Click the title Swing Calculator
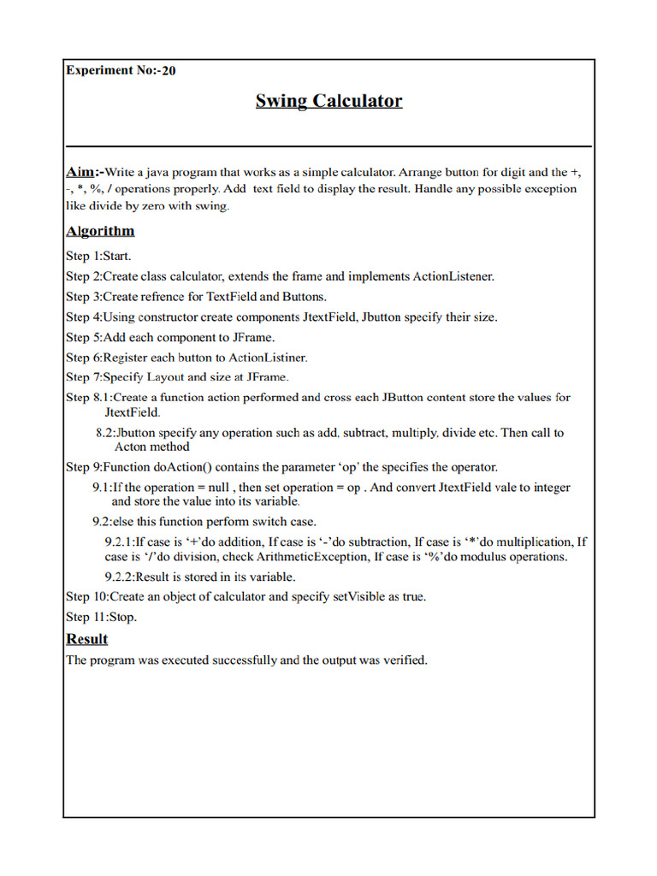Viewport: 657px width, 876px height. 328,101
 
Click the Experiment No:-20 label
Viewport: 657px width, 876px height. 121,70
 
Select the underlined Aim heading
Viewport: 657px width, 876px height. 81,171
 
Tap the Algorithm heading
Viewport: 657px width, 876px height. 100,231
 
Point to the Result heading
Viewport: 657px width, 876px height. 87,639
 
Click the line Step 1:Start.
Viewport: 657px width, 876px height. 98,255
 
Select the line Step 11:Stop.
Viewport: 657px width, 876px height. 101,617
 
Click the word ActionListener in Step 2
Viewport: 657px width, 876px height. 453,276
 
